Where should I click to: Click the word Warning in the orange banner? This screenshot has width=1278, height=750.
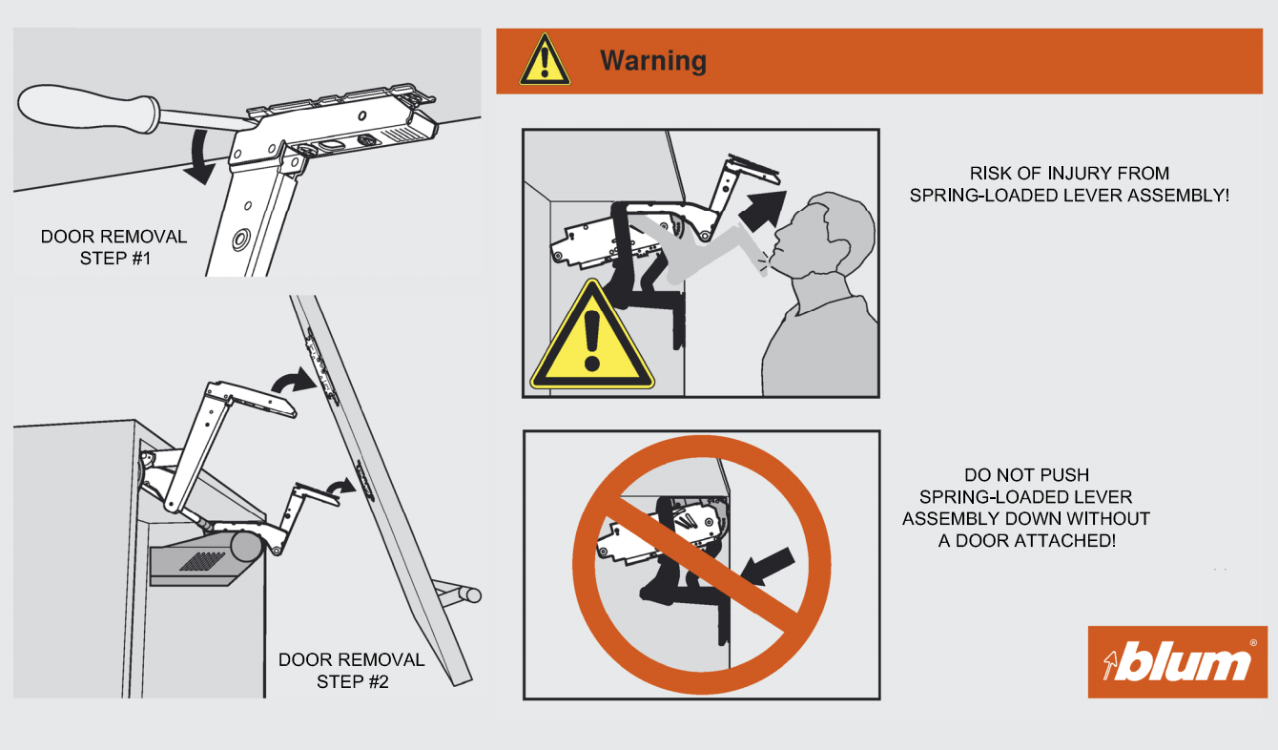coord(653,61)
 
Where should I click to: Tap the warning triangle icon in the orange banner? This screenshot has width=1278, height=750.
coord(545,60)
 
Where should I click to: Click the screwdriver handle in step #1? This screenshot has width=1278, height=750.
coord(89,108)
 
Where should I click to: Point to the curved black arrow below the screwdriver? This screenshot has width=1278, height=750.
coord(199,156)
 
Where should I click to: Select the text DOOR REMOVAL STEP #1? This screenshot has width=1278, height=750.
coord(114,247)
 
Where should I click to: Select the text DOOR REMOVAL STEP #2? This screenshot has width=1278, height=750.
coord(351,671)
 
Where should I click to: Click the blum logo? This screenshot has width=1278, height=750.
coord(1177,662)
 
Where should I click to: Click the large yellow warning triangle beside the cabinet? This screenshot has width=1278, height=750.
coord(592,337)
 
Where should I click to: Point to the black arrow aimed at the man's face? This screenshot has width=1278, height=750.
coord(763,210)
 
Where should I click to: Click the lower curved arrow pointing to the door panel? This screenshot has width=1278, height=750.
coord(340,487)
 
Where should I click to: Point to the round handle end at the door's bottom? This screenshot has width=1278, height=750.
coord(473,595)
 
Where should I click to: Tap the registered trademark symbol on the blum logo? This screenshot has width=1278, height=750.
coord(1253,643)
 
